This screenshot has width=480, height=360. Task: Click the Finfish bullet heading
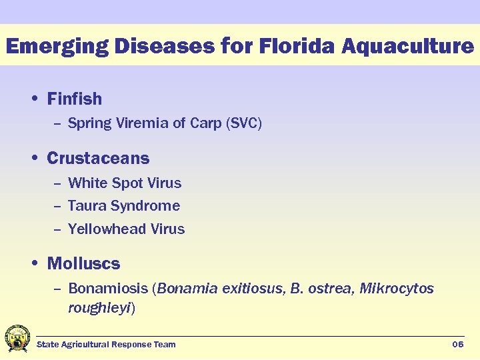(74, 99)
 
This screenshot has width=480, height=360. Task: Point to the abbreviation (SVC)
(244, 123)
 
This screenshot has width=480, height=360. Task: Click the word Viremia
(135, 123)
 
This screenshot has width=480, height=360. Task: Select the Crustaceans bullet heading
(98, 159)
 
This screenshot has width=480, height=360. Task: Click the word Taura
(87, 206)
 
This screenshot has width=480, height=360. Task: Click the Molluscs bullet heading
(83, 264)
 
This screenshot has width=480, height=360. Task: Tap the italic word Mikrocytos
(397, 289)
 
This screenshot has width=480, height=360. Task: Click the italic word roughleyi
(99, 308)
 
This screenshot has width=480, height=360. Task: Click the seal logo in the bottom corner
(17, 339)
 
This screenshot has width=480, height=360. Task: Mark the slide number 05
(457, 345)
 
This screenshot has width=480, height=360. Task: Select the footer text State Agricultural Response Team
(106, 345)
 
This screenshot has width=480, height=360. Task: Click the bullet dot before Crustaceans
(35, 159)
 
